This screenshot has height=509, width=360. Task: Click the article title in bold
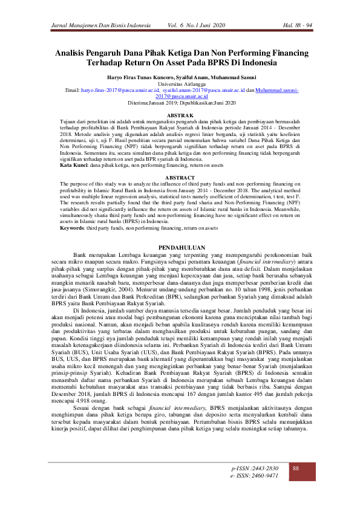pos(180,57)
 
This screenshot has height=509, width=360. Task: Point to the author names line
pos(180,77)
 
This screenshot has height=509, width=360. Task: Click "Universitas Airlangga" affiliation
pos(180,83)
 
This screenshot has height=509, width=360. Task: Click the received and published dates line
pos(180,102)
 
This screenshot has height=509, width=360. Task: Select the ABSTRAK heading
pos(180,115)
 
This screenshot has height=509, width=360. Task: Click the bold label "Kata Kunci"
pos(71,165)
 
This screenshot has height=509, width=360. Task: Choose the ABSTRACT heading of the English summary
pos(180,177)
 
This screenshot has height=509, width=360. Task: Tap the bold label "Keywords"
pos(71,228)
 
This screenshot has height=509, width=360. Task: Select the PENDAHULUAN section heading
pos(180,248)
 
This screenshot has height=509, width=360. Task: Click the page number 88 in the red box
pos(296,469)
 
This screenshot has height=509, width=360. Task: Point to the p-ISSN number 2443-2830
pos(255,468)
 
